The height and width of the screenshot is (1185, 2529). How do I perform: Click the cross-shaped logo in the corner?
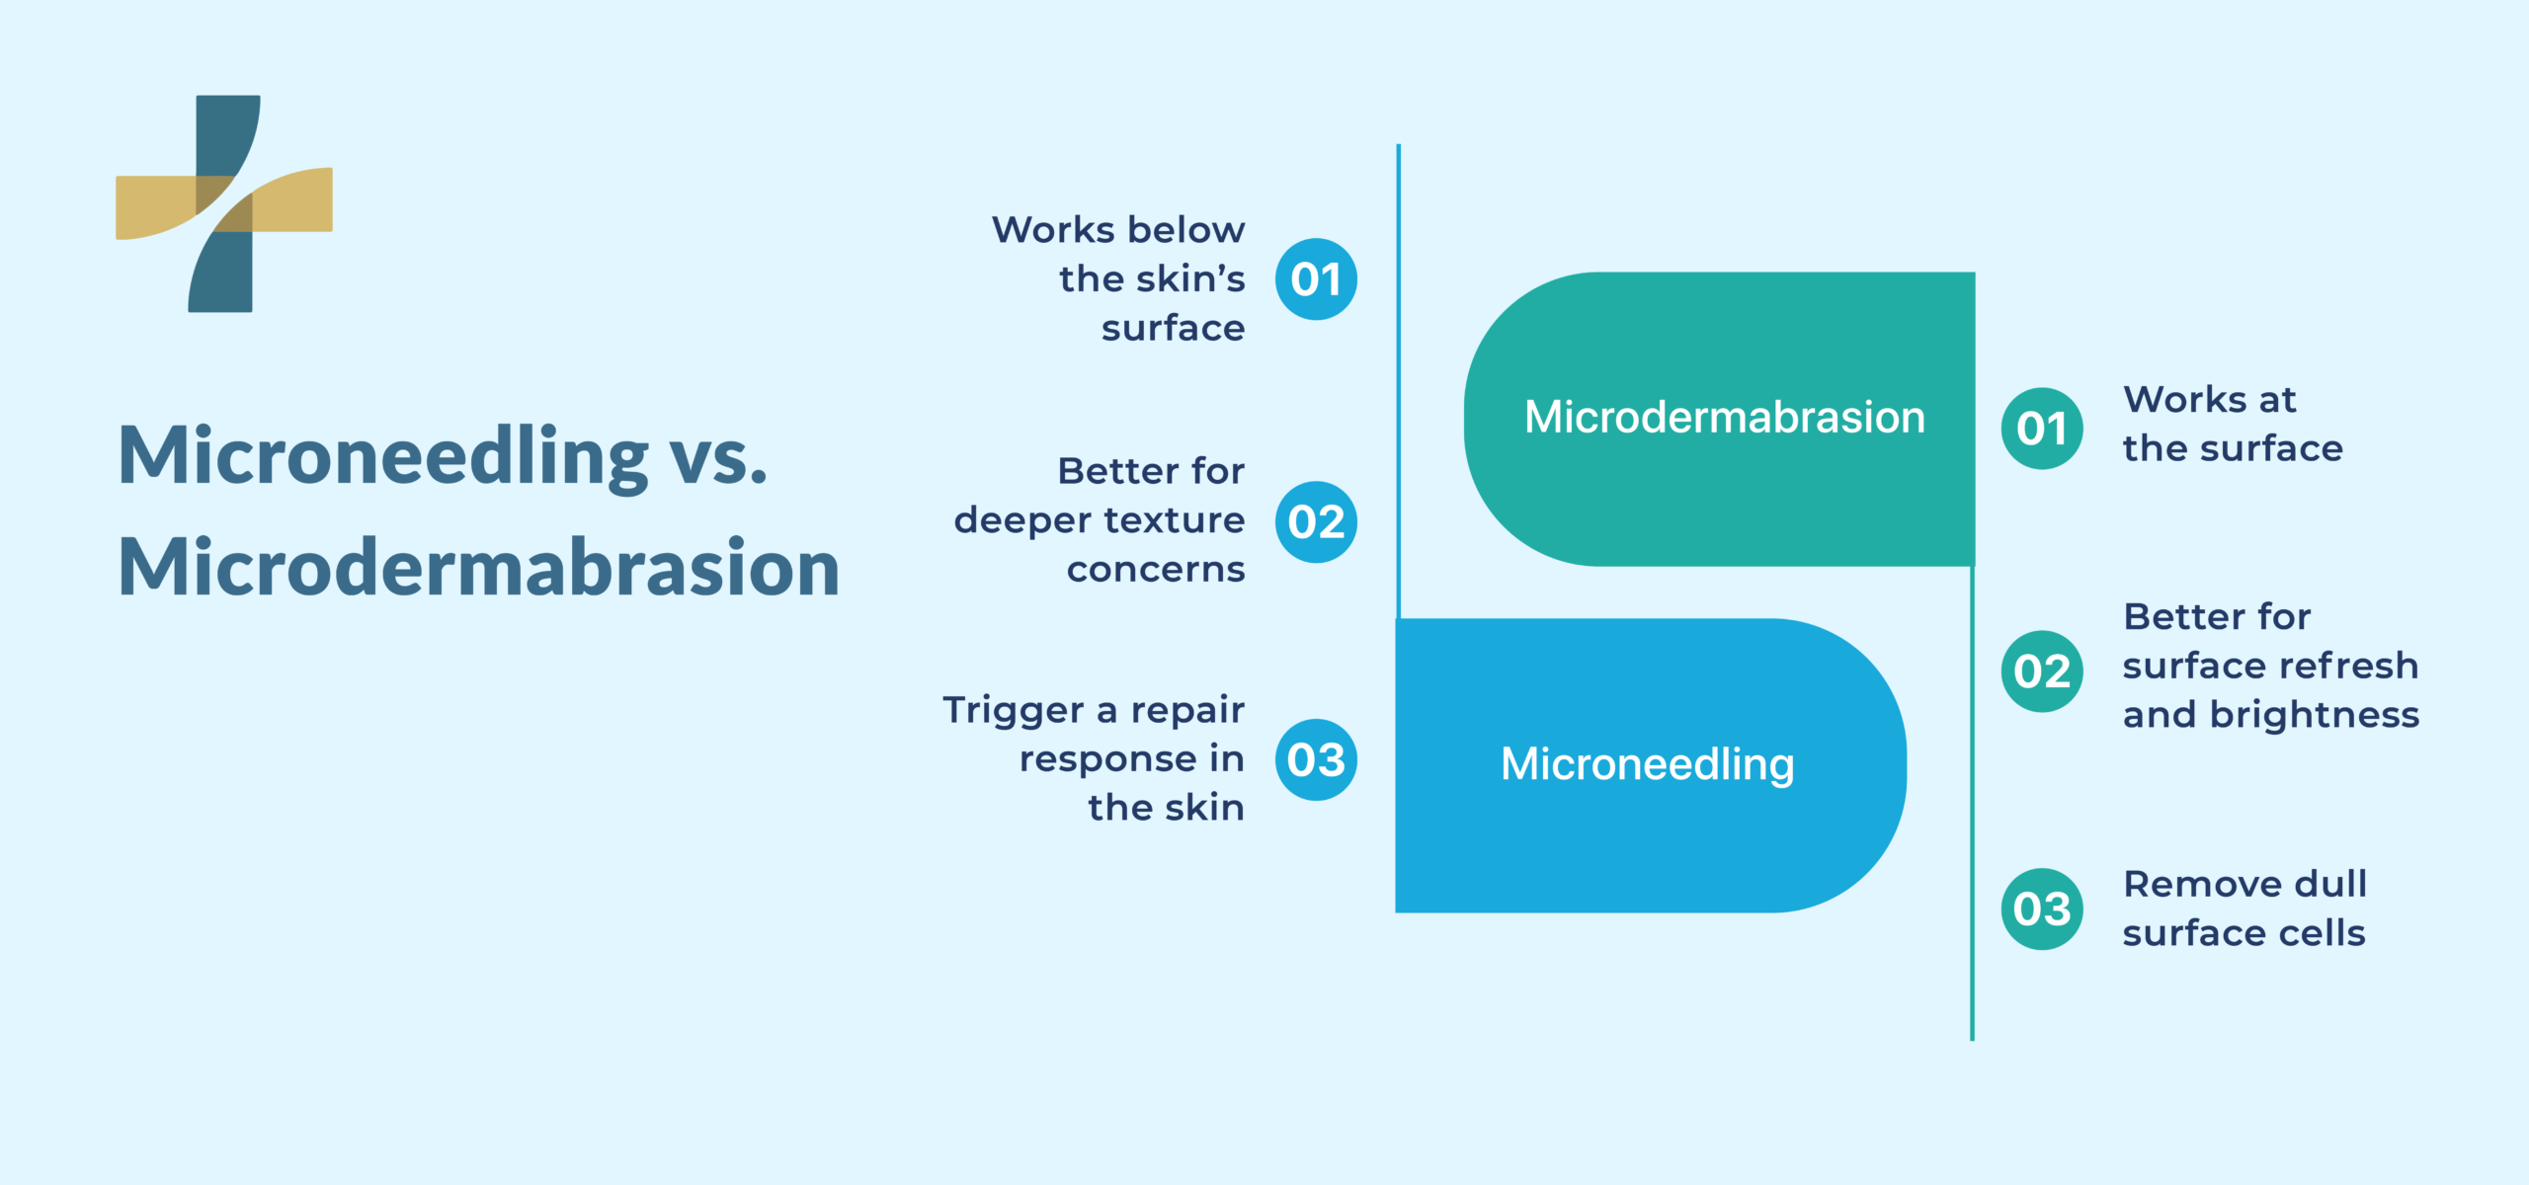tap(224, 203)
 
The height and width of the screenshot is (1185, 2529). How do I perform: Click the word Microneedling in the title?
tap(383, 456)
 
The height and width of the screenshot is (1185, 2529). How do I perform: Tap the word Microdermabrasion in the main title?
tap(479, 569)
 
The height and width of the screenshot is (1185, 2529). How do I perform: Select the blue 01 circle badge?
tap(1316, 279)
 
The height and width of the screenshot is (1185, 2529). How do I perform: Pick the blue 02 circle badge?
tap(1316, 521)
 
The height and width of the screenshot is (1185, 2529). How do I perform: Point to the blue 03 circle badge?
tap(1316, 759)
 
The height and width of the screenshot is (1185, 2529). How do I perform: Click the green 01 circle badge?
tap(2042, 429)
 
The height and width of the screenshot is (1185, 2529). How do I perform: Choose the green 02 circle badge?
tap(2042, 671)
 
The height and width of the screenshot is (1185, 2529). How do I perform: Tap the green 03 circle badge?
tap(2042, 908)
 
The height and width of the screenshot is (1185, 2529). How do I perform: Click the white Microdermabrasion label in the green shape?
tap(1725, 417)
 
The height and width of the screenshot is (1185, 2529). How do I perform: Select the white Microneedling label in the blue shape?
tap(1648, 764)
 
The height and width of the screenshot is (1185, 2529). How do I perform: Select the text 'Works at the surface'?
tap(2233, 425)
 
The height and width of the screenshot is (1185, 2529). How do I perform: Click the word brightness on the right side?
tap(2315, 714)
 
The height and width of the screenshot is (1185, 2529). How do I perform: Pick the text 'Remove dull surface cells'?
tap(2244, 908)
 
